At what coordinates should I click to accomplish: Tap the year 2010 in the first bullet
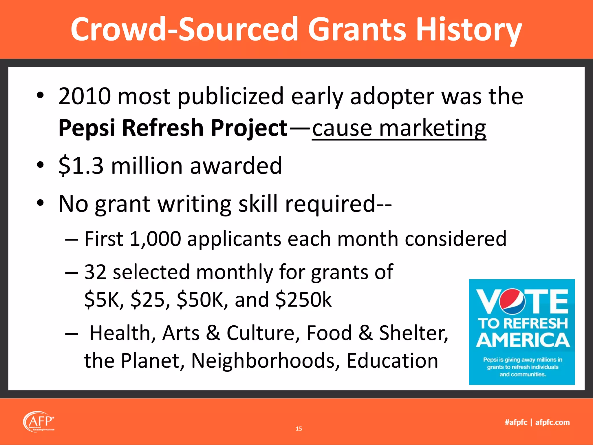click(x=85, y=96)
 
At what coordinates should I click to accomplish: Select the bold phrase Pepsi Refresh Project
click(x=173, y=128)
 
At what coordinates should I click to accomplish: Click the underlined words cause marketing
click(x=399, y=128)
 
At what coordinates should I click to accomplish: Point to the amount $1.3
click(x=81, y=166)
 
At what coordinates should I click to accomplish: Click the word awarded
click(x=236, y=166)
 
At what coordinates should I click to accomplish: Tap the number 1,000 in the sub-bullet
click(x=155, y=239)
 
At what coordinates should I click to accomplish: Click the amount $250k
click(x=303, y=300)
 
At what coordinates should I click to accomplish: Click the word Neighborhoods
click(x=265, y=361)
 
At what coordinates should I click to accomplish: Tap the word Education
click(x=392, y=361)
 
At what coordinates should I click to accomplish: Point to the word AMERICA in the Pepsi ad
click(x=523, y=340)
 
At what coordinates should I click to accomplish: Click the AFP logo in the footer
click(x=39, y=422)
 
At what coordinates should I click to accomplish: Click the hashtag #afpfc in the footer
click(x=516, y=422)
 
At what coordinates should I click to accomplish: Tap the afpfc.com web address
click(x=552, y=422)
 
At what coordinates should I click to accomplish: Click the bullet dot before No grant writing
click(x=40, y=203)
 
